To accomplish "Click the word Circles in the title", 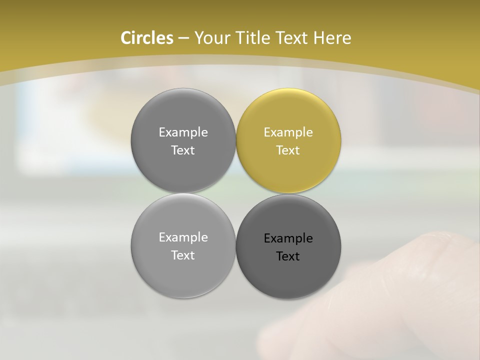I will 146,38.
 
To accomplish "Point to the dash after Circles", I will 183,38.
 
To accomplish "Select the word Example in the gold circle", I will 288,132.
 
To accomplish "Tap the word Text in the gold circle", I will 288,150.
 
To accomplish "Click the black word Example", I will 288,238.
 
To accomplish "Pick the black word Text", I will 288,256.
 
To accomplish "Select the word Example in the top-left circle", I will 183,132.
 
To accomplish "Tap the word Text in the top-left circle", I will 183,150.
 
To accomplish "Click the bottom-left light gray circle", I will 183,272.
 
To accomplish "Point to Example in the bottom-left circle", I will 183,237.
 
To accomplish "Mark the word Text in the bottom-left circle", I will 183,255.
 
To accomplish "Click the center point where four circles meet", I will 236,193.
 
